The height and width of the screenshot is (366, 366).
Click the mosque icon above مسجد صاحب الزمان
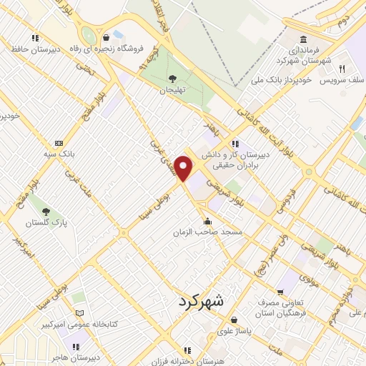[x=208, y=220]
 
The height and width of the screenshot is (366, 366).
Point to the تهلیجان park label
[x=172, y=90]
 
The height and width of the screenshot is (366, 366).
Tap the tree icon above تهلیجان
[x=172, y=78]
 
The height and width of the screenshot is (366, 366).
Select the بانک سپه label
[x=59, y=154]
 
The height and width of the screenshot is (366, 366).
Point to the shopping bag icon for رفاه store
[x=107, y=36]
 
